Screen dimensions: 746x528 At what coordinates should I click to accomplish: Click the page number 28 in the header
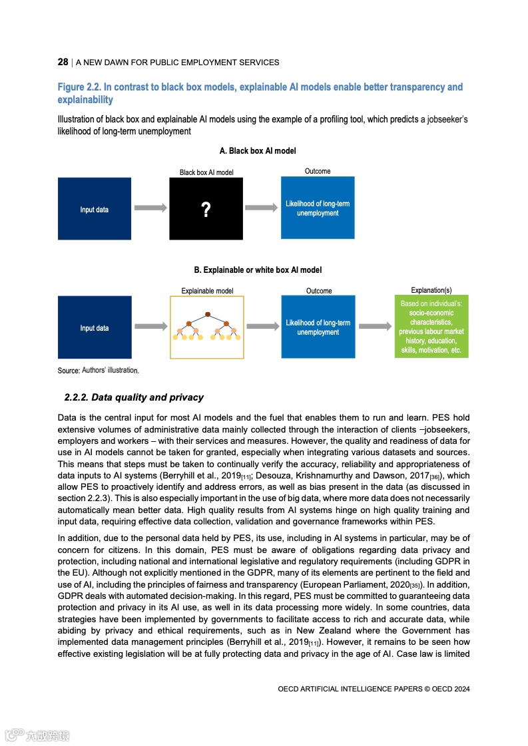coord(63,62)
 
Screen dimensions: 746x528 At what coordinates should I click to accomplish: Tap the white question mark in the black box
coord(206,210)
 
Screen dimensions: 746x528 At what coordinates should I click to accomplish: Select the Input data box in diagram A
coord(94,209)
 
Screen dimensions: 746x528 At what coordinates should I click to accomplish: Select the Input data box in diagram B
coord(94,327)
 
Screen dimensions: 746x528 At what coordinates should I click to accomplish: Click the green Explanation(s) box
coord(431,327)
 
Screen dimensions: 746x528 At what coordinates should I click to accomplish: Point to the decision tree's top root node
coord(208,313)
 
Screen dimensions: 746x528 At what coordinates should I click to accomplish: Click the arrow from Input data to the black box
coord(150,208)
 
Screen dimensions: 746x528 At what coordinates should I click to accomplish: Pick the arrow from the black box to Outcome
coord(261,208)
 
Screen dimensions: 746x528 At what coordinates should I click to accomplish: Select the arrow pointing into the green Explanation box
coord(375,327)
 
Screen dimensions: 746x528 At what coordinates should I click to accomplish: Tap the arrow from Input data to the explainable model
coord(150,327)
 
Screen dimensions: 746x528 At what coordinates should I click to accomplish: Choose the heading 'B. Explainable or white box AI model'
coord(257,270)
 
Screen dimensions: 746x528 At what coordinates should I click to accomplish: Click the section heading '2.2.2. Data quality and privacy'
coord(134,397)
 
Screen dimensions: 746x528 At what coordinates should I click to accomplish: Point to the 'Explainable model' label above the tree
coord(207,291)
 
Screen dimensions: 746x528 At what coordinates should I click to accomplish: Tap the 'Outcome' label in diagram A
coord(318,171)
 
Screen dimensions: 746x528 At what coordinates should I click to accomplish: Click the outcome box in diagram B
coord(318,327)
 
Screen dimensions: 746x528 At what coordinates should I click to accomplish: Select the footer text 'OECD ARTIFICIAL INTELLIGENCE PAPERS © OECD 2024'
coord(374,689)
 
